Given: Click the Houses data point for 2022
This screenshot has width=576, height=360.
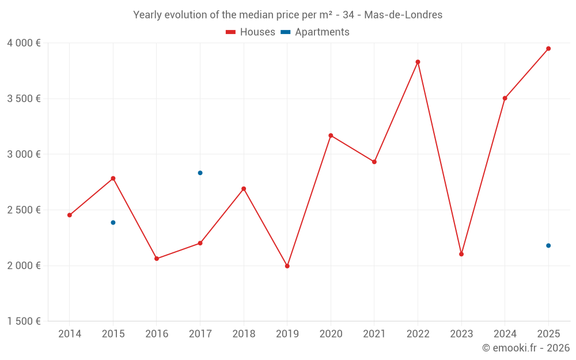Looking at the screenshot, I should [418, 62].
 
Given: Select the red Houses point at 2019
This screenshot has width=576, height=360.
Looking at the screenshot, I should [287, 266].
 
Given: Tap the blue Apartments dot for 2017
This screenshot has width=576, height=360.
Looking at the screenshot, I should [200, 173].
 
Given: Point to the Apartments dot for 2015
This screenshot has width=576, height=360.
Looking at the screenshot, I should [113, 222].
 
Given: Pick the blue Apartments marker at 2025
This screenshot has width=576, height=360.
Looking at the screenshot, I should [548, 246].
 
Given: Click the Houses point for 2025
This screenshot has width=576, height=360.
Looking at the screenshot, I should [548, 48].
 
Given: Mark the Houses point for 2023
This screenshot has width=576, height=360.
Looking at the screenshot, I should [461, 254].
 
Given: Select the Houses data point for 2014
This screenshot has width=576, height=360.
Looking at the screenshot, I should [70, 215].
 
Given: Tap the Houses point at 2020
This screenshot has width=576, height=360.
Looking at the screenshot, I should [331, 135].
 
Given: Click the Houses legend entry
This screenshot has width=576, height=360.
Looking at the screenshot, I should [251, 32].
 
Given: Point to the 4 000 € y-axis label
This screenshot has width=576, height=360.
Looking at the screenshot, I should [24, 43].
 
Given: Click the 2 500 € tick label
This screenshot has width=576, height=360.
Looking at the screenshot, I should [24, 210].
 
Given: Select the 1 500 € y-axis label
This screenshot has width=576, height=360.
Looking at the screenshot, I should [24, 321].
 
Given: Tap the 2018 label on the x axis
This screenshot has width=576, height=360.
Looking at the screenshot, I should [244, 334].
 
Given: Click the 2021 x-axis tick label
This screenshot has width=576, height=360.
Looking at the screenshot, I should [374, 334].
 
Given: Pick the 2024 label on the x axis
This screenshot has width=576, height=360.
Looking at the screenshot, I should [505, 334].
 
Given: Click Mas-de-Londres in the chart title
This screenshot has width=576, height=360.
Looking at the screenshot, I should [403, 15].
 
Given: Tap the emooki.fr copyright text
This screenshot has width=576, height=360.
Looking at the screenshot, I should [526, 348].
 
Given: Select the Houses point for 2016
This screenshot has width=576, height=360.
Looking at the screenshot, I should [157, 259].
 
